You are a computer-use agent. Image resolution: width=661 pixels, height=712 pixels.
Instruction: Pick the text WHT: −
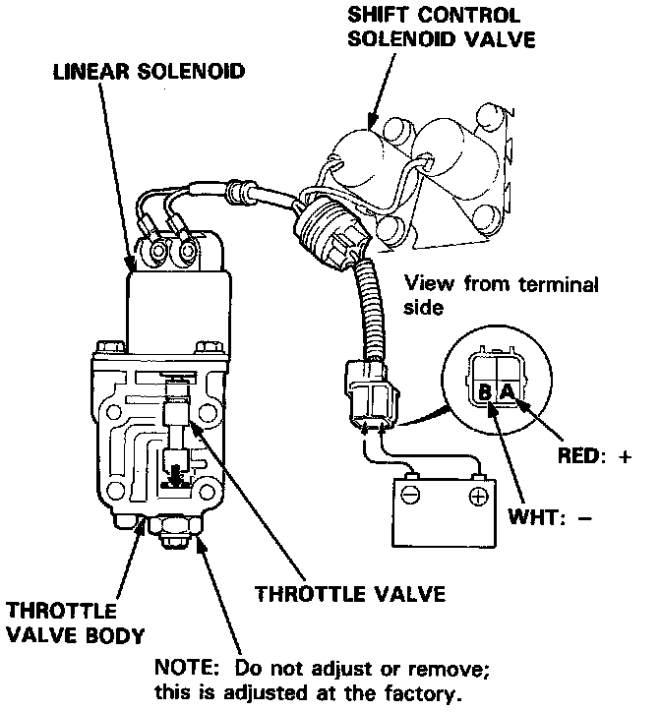(551, 517)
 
